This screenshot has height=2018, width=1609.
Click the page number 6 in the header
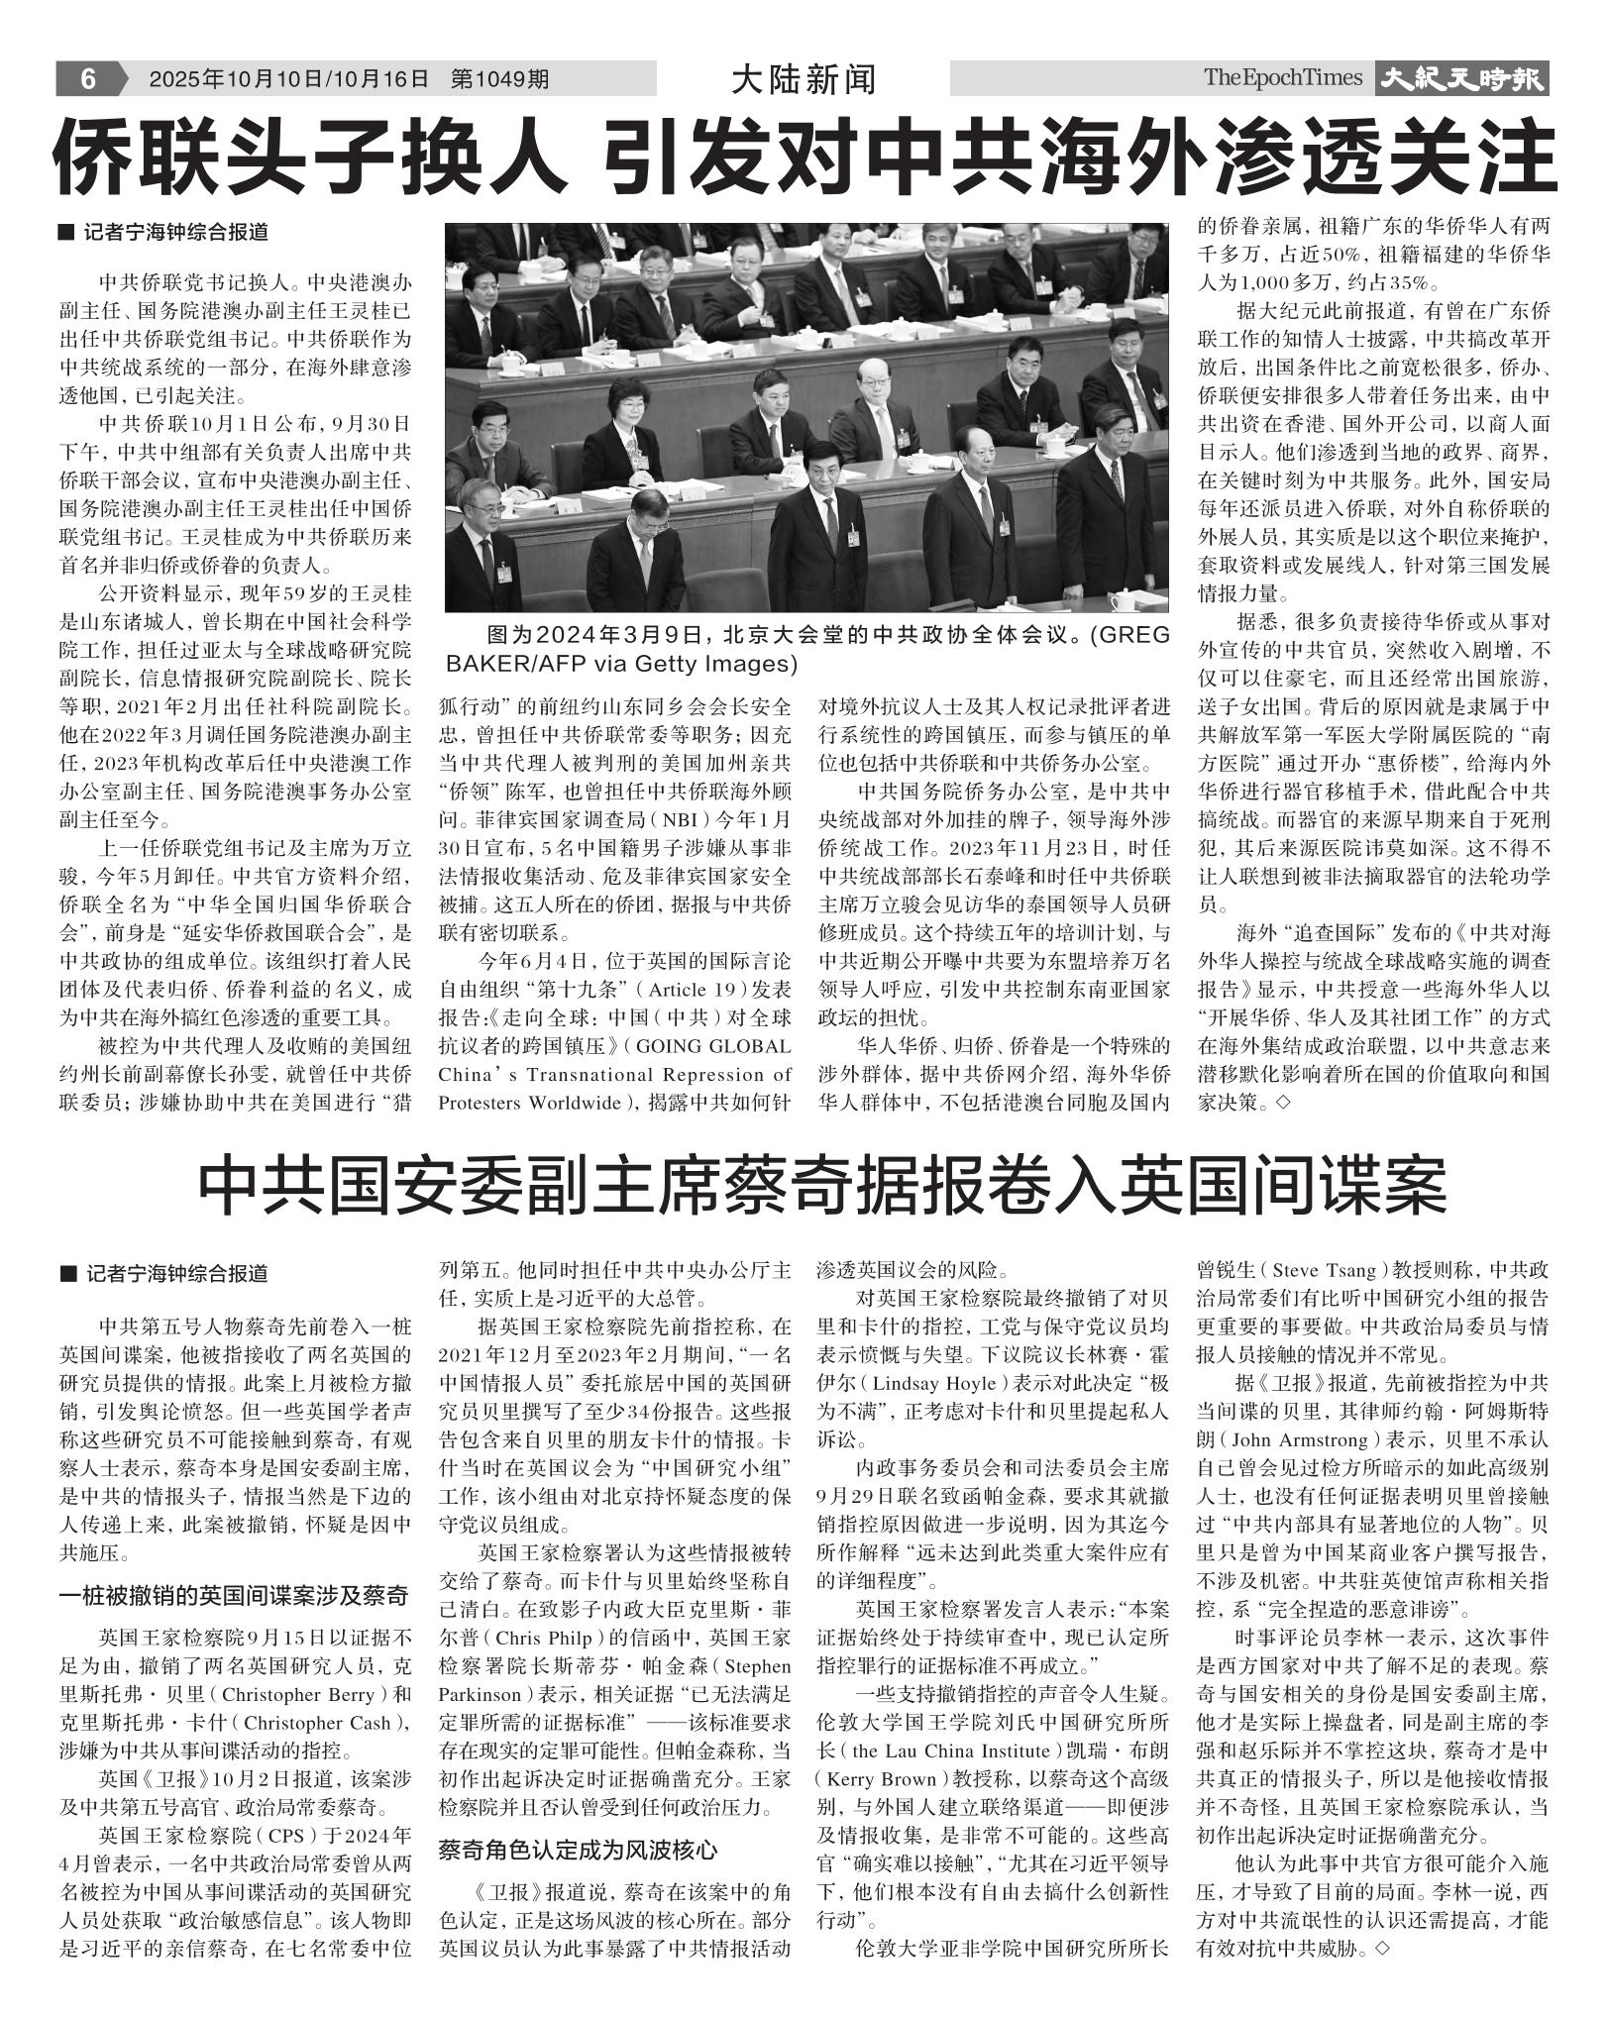(87, 78)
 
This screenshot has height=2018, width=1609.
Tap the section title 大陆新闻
(803, 79)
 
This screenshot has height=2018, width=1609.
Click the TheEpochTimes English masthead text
(1283, 78)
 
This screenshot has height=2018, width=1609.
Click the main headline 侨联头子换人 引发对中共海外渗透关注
(804, 156)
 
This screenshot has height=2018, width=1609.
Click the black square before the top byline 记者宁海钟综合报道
(66, 234)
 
